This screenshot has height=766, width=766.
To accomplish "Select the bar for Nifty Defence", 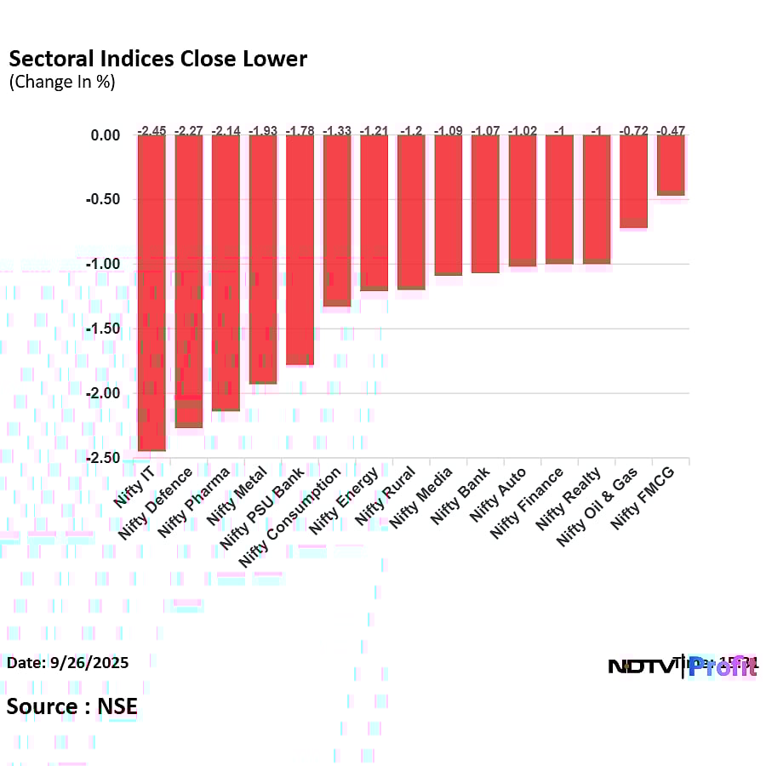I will [189, 281].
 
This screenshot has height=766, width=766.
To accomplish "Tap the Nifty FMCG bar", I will [671, 165].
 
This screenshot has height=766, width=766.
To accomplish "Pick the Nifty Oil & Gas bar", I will [633, 181].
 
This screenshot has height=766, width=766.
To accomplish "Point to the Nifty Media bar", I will [449, 205].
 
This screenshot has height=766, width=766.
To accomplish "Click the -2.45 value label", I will [151, 130].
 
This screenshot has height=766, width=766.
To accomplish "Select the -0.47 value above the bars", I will [671, 130].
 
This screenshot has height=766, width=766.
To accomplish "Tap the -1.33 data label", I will [337, 130].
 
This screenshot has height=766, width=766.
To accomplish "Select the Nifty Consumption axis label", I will [292, 515].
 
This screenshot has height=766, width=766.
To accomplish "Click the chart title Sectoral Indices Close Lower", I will [157, 59].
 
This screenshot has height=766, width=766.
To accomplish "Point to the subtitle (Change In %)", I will [61, 83].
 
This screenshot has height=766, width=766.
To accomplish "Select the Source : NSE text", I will [72, 706].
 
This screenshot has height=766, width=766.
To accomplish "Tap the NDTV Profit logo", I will [681, 666].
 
